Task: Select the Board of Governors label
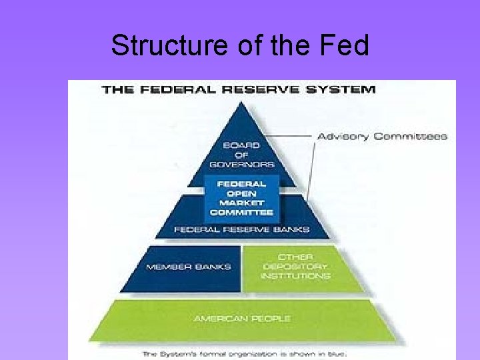pos(241,155)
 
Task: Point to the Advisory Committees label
pos(381,137)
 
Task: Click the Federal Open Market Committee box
pos(241,198)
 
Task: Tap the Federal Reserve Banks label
pos(241,229)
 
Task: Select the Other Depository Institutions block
pos(295,267)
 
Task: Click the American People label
pos(241,319)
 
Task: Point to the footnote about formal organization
pos(243,354)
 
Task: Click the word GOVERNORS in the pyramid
pos(241,164)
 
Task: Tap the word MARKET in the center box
pos(241,203)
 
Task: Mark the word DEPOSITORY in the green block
pos(295,267)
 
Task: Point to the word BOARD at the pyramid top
pos(241,145)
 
